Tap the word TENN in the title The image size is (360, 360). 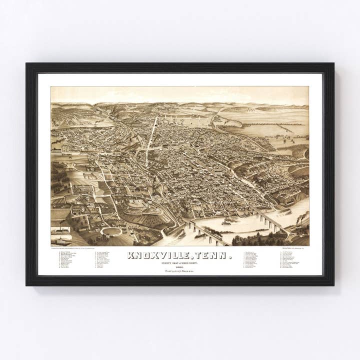pos(216,255)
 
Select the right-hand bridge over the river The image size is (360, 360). pos(270,222)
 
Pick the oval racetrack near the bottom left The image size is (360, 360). pos(111,231)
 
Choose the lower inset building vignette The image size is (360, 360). pos(60,239)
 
